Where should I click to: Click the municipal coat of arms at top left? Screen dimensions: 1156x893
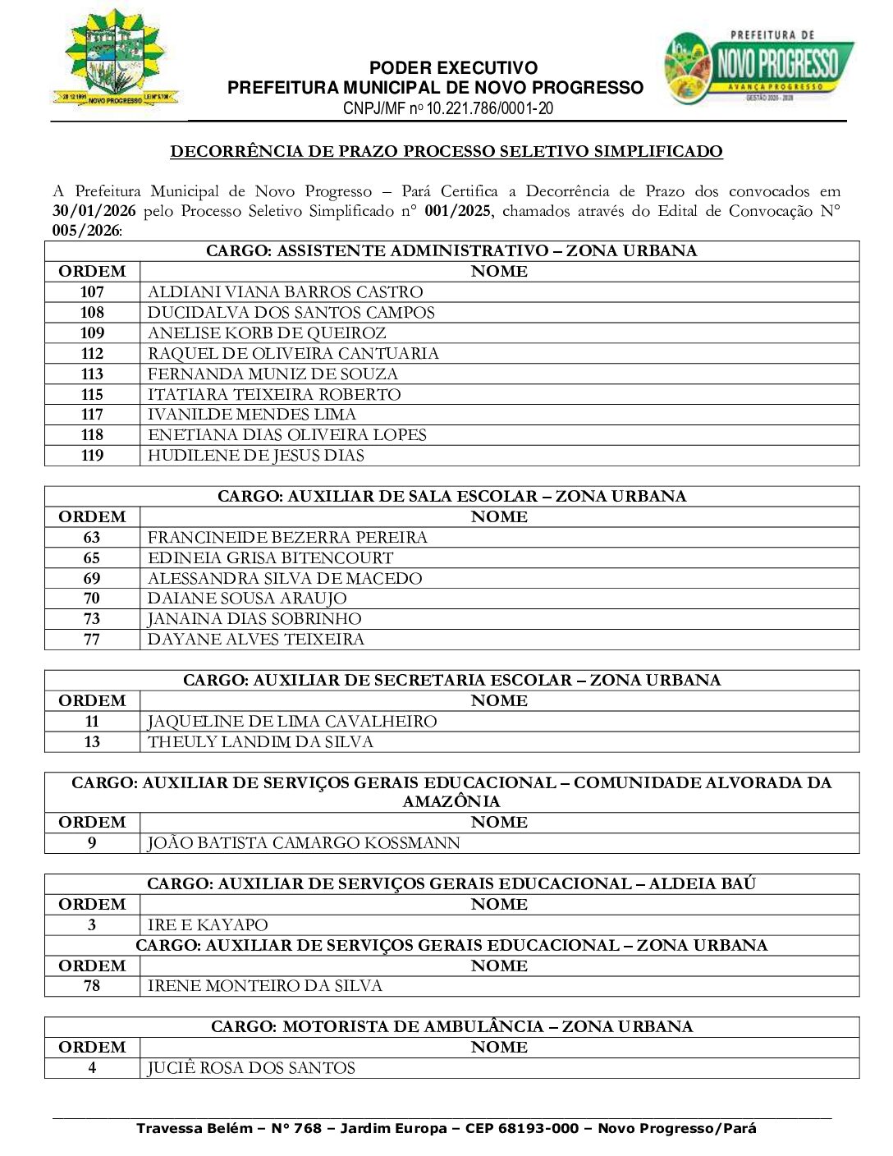[x=116, y=58]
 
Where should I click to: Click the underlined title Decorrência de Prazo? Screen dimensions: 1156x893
[x=446, y=151]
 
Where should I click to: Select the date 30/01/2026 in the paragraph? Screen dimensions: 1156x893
[x=94, y=211]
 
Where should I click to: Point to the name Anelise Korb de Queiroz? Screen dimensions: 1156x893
[x=267, y=333]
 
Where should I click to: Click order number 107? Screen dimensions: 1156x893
[x=92, y=291]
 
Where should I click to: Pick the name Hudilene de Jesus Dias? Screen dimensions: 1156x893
[x=256, y=455]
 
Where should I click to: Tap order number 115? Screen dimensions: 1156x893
[x=92, y=394]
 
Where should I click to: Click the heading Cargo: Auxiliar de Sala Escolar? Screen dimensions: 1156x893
[x=451, y=496]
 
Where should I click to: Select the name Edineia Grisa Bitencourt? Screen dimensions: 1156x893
[x=270, y=557]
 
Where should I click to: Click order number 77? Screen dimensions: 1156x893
[x=92, y=639]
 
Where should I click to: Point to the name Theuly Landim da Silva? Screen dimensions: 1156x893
[x=260, y=741]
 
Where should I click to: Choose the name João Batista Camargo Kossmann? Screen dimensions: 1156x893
[x=304, y=842]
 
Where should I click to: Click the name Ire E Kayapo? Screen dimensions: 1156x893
[x=208, y=924]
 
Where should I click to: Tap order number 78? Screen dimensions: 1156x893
[x=92, y=985]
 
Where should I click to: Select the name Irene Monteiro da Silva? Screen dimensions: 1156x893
[x=265, y=985]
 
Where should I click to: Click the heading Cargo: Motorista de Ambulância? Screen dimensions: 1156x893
[x=451, y=1026]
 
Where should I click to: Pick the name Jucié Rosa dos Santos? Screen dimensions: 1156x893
[x=251, y=1067]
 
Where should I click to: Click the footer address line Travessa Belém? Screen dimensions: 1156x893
[x=446, y=1128]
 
